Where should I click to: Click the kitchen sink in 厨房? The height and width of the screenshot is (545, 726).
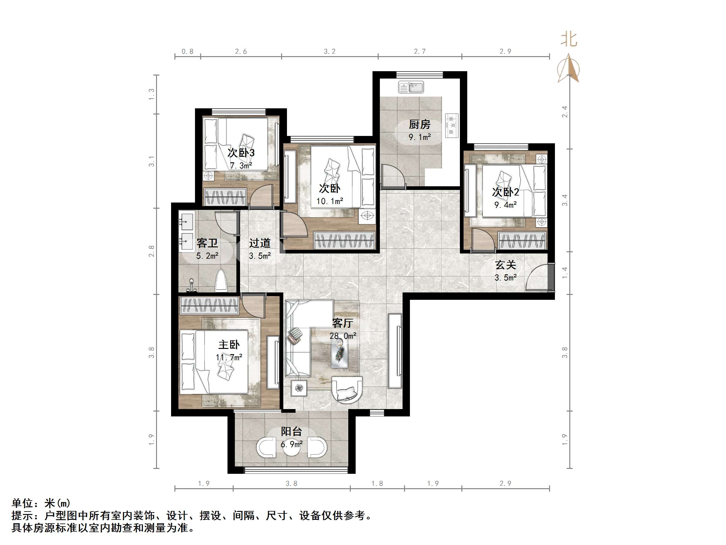click(411, 87)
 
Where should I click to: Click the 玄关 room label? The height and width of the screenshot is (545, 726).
click(505, 265)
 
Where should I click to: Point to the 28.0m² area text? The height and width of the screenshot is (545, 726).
click(343, 336)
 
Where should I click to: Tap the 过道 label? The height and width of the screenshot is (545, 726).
click(259, 243)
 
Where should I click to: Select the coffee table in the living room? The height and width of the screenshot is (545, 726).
click(339, 353)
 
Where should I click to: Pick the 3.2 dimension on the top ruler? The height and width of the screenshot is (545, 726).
click(330, 51)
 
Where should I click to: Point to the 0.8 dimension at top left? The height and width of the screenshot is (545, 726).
click(187, 51)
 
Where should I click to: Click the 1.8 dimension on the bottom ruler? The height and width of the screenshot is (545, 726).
click(377, 484)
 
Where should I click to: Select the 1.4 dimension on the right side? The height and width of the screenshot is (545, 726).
click(564, 273)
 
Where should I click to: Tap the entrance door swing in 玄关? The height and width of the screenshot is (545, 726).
click(537, 278)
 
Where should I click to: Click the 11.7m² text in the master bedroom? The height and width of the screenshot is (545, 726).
click(229, 357)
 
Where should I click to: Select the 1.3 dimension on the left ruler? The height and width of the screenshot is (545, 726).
click(151, 94)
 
